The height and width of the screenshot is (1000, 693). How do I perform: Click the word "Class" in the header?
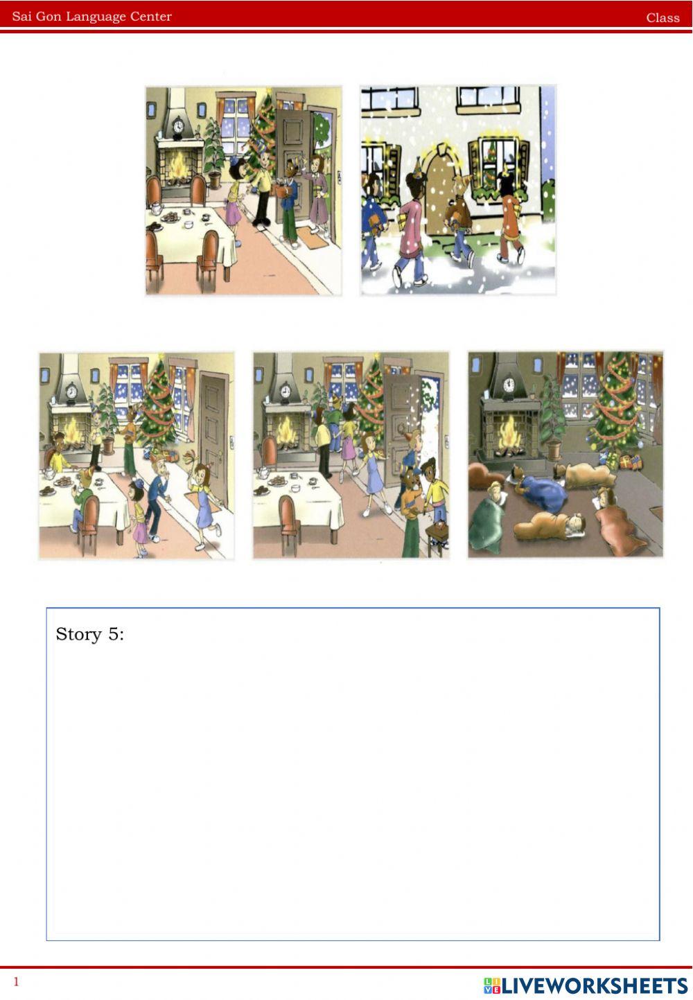coord(663,18)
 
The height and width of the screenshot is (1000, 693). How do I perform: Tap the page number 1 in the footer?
coord(17,981)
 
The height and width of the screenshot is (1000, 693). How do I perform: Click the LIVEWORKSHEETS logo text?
coord(586,985)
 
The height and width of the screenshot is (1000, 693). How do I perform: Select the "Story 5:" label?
coord(90,634)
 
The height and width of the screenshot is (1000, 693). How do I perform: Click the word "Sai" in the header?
coord(21,17)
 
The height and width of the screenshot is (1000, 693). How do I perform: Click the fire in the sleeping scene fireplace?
coord(510,432)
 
